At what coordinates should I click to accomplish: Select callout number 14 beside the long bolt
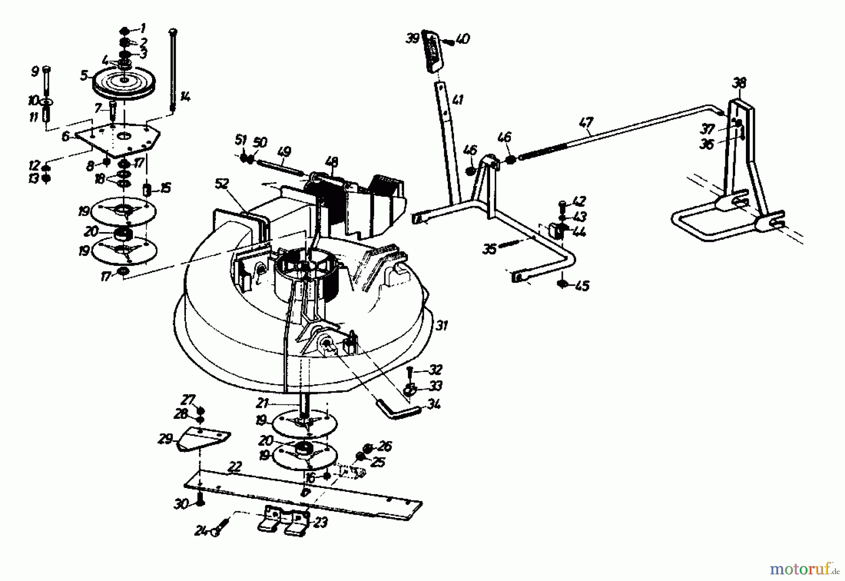click(185, 97)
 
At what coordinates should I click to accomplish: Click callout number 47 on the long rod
click(586, 124)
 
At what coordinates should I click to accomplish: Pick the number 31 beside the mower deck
click(441, 325)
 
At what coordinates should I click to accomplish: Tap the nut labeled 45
click(563, 284)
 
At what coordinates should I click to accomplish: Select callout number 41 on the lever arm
click(458, 100)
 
